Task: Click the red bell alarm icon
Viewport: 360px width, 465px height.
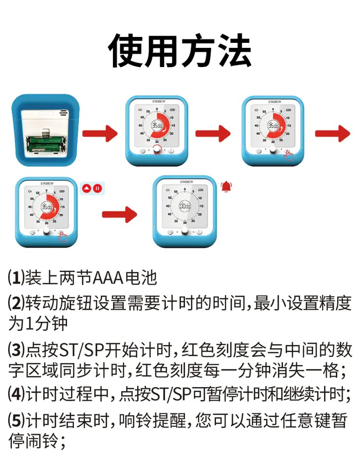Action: [226, 186]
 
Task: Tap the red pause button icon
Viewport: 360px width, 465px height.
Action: [98, 188]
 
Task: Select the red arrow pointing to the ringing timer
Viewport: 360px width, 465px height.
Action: [119, 214]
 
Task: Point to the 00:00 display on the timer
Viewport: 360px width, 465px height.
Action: [185, 206]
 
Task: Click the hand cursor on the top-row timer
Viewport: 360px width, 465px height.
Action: [289, 155]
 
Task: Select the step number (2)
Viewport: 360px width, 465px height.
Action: [16, 302]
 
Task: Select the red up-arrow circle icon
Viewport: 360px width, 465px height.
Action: [87, 188]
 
